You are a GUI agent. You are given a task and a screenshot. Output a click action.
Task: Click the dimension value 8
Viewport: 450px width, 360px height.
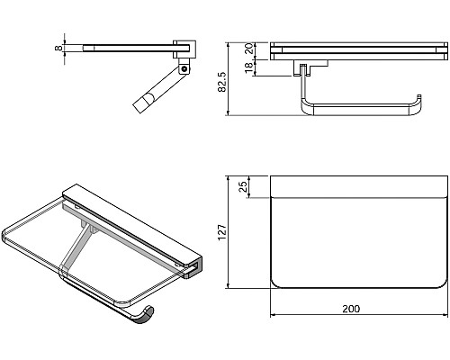58,48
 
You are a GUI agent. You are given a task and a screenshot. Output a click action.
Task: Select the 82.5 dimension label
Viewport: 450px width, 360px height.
222,82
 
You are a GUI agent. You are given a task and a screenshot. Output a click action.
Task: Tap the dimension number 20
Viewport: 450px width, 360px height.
248,49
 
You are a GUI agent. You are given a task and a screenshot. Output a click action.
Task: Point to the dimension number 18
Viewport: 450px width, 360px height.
248,68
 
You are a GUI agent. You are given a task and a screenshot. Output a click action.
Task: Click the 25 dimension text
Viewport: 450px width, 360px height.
244,186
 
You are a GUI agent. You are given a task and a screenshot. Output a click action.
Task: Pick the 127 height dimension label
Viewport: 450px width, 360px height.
222,232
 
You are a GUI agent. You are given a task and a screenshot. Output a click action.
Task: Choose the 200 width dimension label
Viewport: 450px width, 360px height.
351,309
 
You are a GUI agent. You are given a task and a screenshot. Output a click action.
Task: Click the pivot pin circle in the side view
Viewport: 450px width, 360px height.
184,69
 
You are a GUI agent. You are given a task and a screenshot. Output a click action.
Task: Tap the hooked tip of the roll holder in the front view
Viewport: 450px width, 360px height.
418,96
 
